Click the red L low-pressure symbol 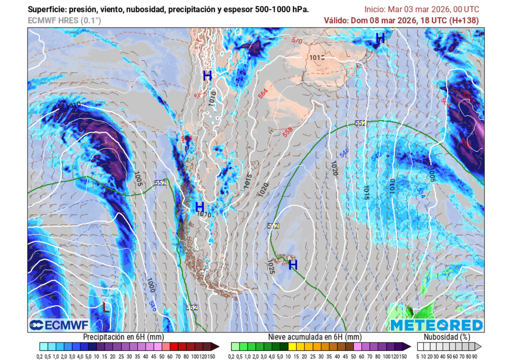click(x=105, y=307)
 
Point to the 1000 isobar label click(x=150, y=285)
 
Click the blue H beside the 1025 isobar click(x=293, y=264)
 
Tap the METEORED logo click(x=436, y=325)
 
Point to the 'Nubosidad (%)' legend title click(x=446, y=337)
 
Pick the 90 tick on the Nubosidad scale click(x=474, y=356)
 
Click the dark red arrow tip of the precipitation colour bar click(x=215, y=346)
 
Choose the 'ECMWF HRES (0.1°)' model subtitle click(x=64, y=20)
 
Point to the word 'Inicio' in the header click(x=375, y=9)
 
